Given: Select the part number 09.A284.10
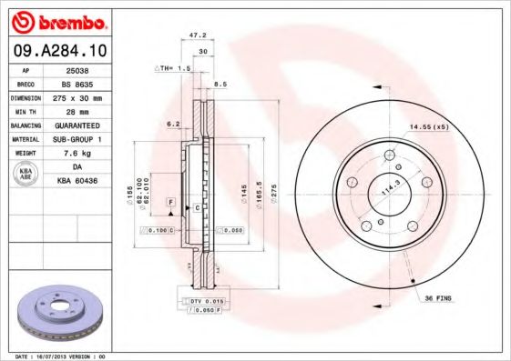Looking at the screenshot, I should [x=56, y=50].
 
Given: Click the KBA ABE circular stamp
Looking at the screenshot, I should [x=26, y=174].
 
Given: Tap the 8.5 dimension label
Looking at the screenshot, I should [x=220, y=85].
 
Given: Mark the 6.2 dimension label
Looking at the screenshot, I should [x=173, y=124].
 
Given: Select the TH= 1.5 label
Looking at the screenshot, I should [x=173, y=68].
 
